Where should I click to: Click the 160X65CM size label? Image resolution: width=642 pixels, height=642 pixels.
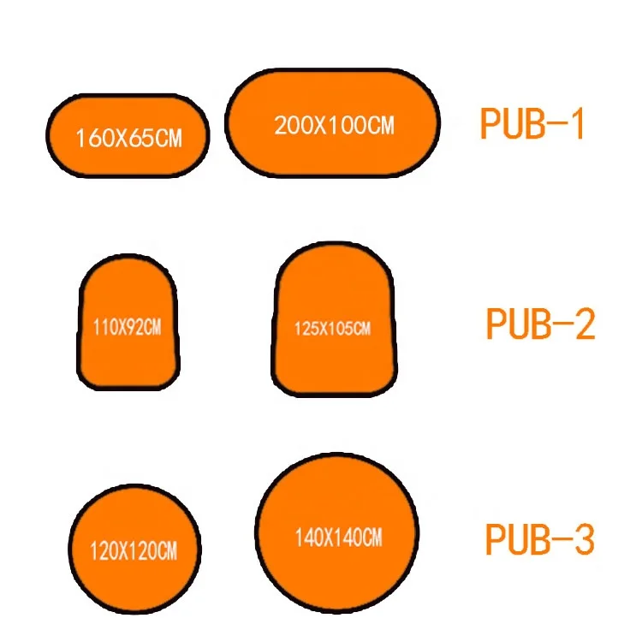(128, 138)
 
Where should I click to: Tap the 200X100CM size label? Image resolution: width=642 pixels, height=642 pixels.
(334, 125)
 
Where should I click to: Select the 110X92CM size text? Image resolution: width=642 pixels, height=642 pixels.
(126, 326)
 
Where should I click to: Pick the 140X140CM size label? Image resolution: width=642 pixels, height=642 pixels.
(338, 538)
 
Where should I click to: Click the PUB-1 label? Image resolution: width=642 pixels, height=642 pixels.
(532, 125)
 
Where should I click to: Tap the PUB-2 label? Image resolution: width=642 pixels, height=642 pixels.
(539, 325)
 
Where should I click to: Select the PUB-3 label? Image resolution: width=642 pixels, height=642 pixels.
(539, 540)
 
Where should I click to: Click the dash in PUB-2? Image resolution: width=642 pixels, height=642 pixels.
(562, 326)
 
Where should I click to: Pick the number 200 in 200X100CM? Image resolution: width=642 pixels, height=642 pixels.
(291, 125)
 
